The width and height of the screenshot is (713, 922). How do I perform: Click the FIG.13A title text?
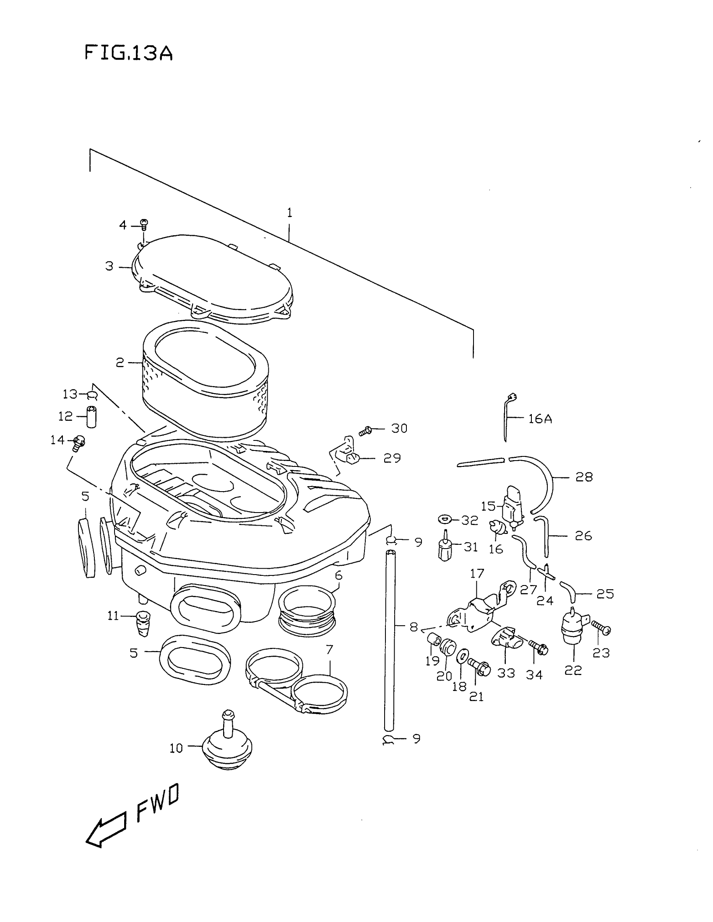[x=129, y=54]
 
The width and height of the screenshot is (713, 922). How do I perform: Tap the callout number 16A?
[x=540, y=419]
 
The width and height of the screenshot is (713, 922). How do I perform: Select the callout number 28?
[x=584, y=477]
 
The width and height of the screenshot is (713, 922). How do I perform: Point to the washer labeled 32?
[x=445, y=518]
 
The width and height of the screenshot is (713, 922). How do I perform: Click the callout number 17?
[x=477, y=574]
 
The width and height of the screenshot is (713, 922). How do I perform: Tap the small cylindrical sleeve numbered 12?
[x=91, y=416]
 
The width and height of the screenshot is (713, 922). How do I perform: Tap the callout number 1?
[x=290, y=212]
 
